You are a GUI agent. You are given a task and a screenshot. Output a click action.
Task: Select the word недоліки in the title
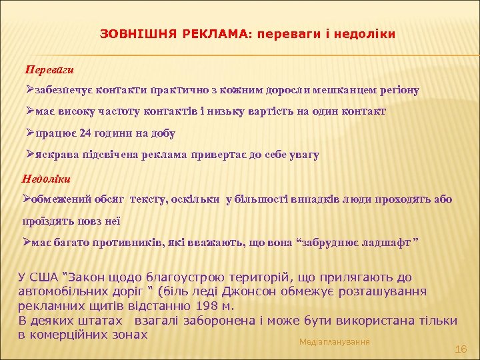click(366, 33)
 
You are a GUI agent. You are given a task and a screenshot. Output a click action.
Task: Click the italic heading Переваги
click(49, 69)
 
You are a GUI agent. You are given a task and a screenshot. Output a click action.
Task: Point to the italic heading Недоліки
click(47, 178)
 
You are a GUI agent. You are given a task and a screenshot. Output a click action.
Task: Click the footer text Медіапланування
click(335, 341)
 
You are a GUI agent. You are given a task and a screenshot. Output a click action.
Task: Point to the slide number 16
click(460, 349)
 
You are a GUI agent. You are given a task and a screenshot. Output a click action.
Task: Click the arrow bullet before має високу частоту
click(27, 111)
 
